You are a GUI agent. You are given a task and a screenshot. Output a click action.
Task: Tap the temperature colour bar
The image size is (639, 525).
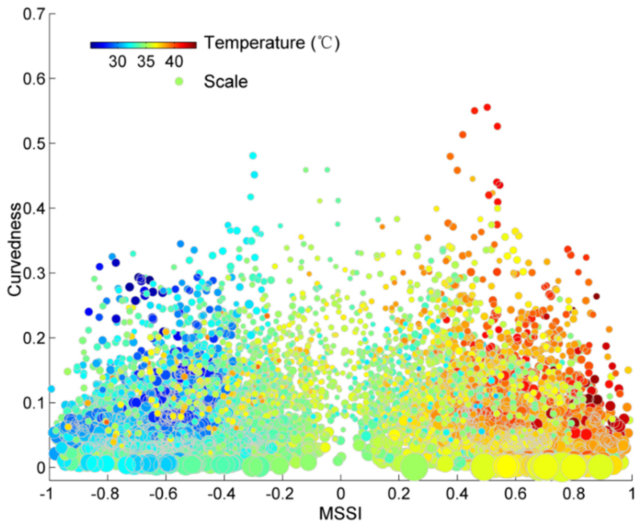coord(143,45)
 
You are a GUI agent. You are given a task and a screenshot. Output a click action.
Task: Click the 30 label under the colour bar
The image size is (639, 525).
coord(117,62)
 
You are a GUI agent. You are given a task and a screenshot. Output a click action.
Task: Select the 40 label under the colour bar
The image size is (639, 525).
coord(174,62)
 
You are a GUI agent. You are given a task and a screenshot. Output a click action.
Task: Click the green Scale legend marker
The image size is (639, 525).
coord(179,82)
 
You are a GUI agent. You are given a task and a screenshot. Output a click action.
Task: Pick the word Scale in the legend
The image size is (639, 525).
coord(226,82)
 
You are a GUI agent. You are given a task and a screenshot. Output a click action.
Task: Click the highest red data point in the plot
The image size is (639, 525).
coord(487,107)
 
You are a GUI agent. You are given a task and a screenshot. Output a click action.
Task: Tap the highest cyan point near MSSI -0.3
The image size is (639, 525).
coord(253,155)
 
